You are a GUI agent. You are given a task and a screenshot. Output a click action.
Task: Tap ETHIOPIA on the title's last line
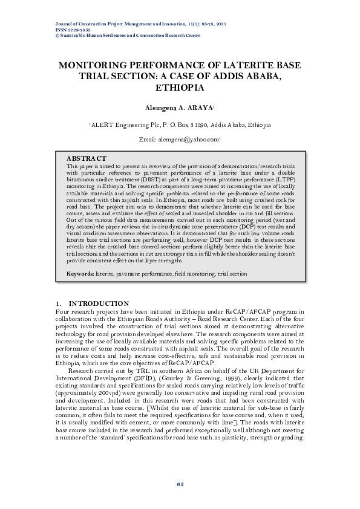(x=180, y=87)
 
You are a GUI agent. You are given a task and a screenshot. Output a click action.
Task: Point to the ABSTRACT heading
(x=87, y=158)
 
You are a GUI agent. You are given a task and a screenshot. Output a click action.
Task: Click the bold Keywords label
(x=80, y=274)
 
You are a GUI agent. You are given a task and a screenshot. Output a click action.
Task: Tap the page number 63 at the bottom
(x=180, y=484)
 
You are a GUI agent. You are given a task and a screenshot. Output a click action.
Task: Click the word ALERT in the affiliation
(x=102, y=125)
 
